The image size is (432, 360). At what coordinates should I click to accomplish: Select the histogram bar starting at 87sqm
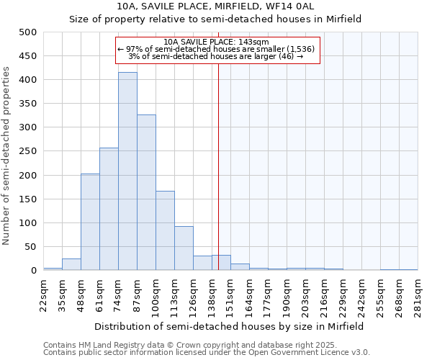pos(146,192)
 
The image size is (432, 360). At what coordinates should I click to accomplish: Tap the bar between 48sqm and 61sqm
pos(90,222)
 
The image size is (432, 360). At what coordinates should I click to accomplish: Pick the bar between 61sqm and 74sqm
pos(109,209)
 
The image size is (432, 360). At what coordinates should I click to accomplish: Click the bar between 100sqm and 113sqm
pos(165,230)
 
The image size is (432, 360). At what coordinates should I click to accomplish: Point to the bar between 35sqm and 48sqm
pos(71,264)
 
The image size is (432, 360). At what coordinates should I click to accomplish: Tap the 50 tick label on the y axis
pos(30,247)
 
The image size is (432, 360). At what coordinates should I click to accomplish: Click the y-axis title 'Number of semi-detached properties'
pos(6,155)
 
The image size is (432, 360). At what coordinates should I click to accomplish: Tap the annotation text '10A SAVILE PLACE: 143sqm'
pos(216,42)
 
